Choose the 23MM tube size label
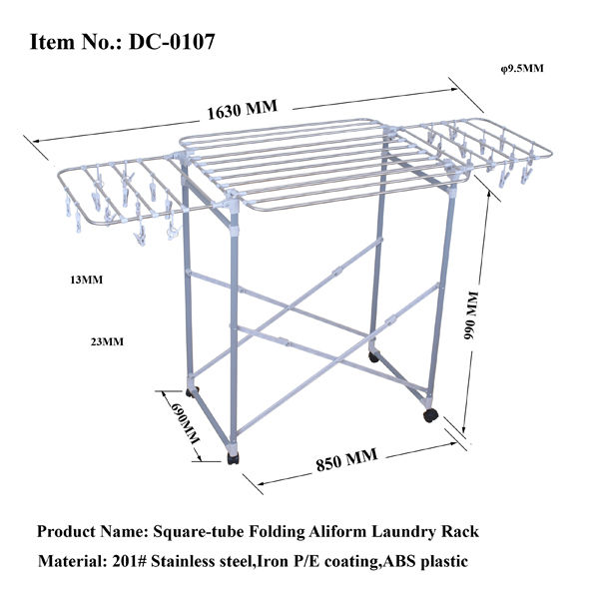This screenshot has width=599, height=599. tap(107, 342)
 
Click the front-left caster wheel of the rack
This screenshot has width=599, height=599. tap(234, 458)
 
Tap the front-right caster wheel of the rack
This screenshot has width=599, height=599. tap(430, 412)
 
